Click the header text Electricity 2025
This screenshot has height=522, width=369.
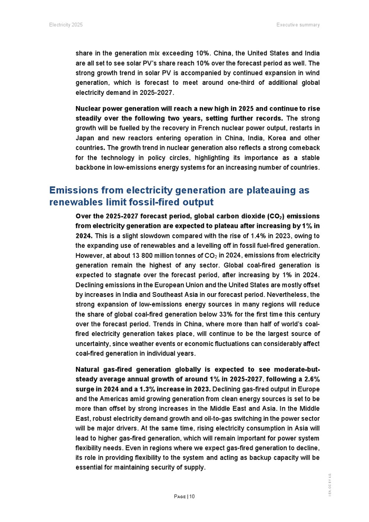pos(66,25)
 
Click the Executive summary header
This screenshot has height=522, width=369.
pos(298,25)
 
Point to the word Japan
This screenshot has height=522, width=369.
pos(85,138)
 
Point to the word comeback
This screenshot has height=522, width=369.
pos(302,148)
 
